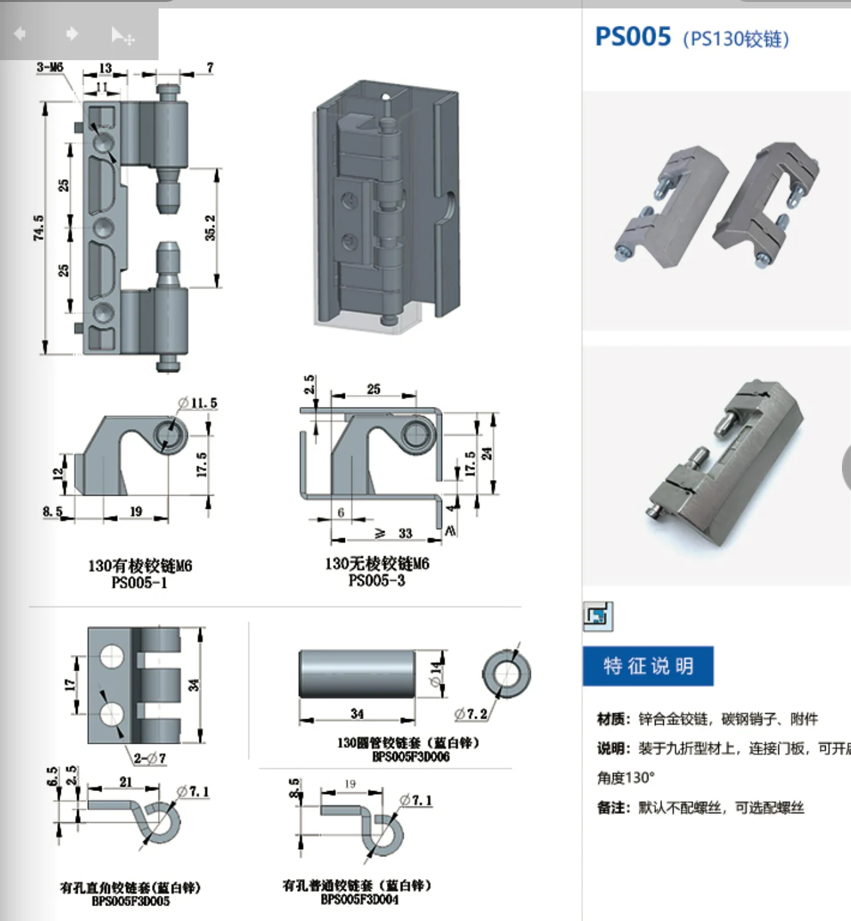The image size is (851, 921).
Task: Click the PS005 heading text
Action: (x=633, y=37)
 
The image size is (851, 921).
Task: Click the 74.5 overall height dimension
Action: (x=39, y=228)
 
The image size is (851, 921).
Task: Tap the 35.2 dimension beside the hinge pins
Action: (x=210, y=228)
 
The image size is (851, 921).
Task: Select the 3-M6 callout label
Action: (x=50, y=67)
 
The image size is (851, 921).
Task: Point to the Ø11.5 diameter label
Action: (x=198, y=403)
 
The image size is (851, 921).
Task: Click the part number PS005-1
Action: (x=139, y=583)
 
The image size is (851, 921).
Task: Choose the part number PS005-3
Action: (x=377, y=581)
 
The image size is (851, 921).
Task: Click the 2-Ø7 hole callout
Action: (x=149, y=758)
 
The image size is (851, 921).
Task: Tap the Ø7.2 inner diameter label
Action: (x=470, y=714)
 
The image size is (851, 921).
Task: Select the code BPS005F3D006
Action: (x=411, y=757)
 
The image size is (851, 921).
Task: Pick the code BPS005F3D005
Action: (x=131, y=901)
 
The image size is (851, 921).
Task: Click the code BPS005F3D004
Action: (x=360, y=899)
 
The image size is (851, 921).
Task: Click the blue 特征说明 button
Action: (x=648, y=666)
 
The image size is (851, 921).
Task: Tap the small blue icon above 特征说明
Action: (x=597, y=616)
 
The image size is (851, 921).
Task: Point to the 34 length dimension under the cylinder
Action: (x=357, y=714)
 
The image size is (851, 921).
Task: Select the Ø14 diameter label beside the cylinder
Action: (x=437, y=674)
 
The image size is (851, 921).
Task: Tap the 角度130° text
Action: (x=626, y=777)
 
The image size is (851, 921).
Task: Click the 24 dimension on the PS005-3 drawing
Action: (x=487, y=453)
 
